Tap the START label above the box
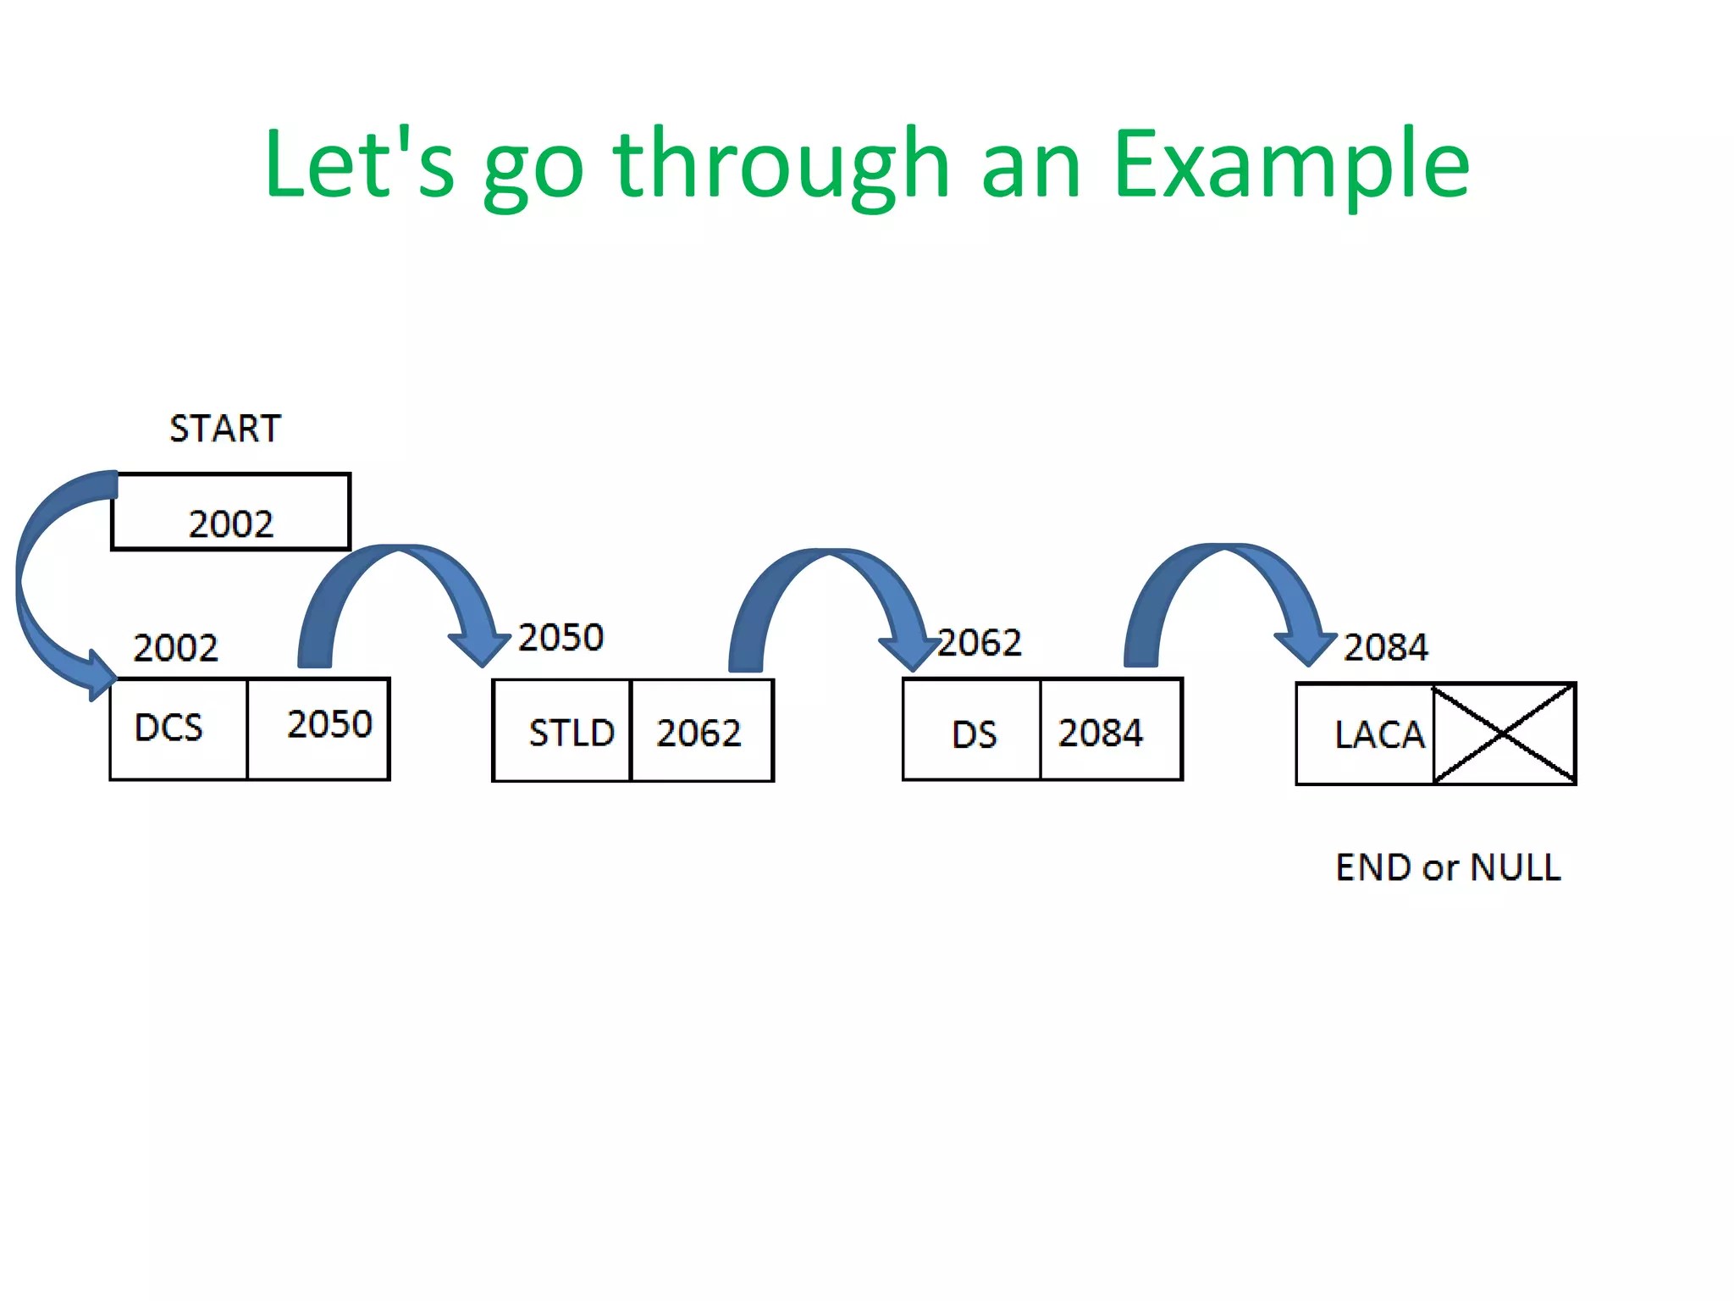225,429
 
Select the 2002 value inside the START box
231,524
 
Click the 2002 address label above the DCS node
176,648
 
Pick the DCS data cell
179,728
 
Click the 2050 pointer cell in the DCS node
318,728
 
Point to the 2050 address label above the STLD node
561,638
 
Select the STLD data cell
562,730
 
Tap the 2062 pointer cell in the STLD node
702,730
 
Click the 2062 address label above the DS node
980,643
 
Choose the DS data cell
972,729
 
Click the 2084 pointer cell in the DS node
1111,729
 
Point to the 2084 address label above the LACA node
1386,647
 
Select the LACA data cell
1365,734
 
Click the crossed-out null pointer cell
1505,734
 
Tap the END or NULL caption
1448,867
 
